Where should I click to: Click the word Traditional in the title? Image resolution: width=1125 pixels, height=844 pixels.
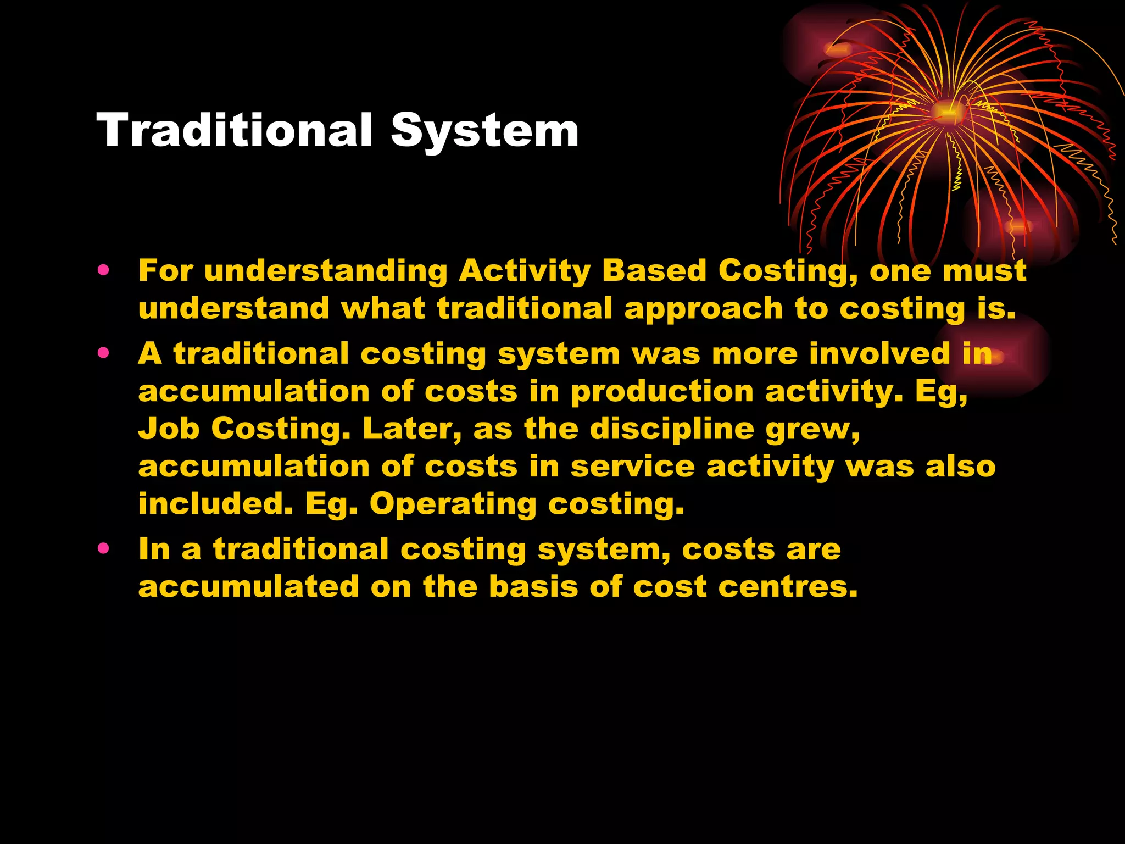(x=235, y=131)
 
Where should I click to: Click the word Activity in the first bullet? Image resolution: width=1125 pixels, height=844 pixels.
(x=525, y=271)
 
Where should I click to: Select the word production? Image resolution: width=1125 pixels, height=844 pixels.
(x=662, y=392)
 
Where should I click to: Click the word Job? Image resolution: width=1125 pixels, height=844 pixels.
(x=169, y=429)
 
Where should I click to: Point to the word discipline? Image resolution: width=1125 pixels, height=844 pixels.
(x=672, y=429)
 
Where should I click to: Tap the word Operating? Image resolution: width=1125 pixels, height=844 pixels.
(x=453, y=504)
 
